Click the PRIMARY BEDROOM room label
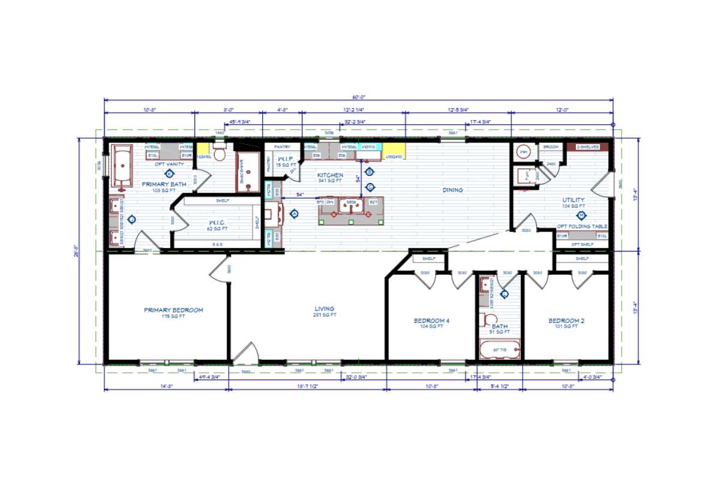tap(173, 310)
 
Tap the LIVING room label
tap(325, 309)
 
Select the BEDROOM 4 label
tap(431, 321)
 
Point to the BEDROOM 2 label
tap(566, 321)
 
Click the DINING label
tap(453, 190)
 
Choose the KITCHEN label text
tap(330, 175)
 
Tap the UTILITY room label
tap(574, 200)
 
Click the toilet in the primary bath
tap(219, 154)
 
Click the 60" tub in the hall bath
tap(499, 350)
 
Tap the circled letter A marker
tap(295, 213)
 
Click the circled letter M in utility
tap(580, 215)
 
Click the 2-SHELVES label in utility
tap(588, 147)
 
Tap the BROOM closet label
tap(551, 147)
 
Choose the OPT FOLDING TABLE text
tap(582, 226)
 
